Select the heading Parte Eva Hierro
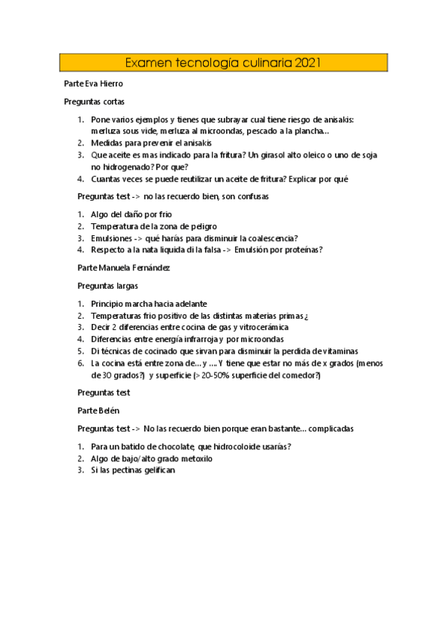[93, 84]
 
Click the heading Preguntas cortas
[94, 102]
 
